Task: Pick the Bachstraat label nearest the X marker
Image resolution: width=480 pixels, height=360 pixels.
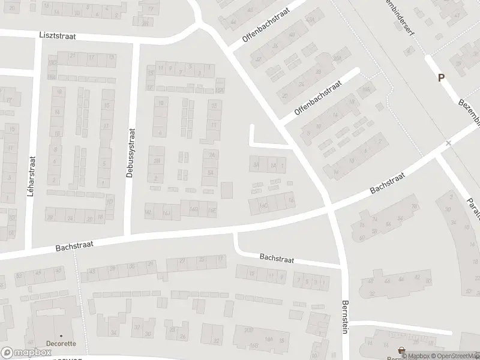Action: [388, 181]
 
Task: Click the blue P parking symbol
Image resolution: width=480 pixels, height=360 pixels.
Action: [442, 77]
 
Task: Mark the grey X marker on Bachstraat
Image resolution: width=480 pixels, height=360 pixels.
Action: [448, 143]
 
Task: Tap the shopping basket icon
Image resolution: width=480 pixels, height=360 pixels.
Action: [401, 350]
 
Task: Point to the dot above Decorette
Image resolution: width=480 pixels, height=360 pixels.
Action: [61, 336]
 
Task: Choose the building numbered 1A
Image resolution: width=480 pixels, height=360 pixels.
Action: [272, 165]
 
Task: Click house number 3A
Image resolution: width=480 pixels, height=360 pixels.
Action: [256, 164]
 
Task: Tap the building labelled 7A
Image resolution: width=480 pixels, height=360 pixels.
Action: [211, 155]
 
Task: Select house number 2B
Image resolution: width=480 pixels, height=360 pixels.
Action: [157, 161]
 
